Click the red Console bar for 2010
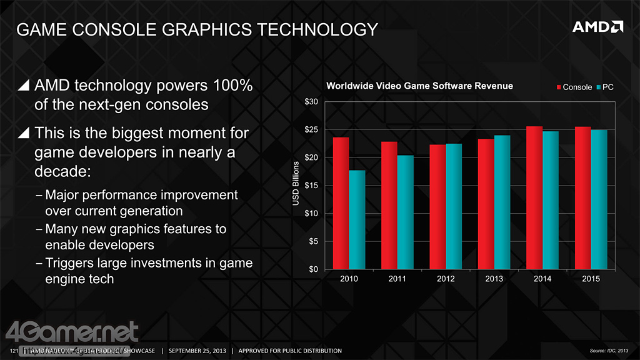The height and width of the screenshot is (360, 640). tap(341, 203)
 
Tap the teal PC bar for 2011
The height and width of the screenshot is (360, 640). tap(405, 212)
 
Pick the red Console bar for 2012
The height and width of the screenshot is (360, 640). tap(437, 207)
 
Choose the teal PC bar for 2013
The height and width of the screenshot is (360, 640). tap(502, 202)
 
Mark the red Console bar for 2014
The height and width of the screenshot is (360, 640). tap(534, 197)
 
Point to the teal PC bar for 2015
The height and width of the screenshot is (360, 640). tap(599, 199)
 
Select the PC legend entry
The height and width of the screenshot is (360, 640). tap(604, 87)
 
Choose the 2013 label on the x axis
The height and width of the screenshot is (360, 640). tap(494, 279)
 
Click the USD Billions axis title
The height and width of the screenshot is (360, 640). tap(296, 186)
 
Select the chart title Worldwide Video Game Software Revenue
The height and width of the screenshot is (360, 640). tap(419, 86)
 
